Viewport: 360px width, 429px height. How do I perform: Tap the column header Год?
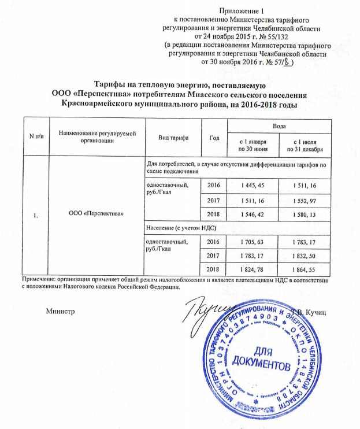tap(214, 137)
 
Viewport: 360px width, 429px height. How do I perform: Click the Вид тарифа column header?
tap(172, 137)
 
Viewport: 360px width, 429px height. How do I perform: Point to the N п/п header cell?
tap(36, 137)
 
